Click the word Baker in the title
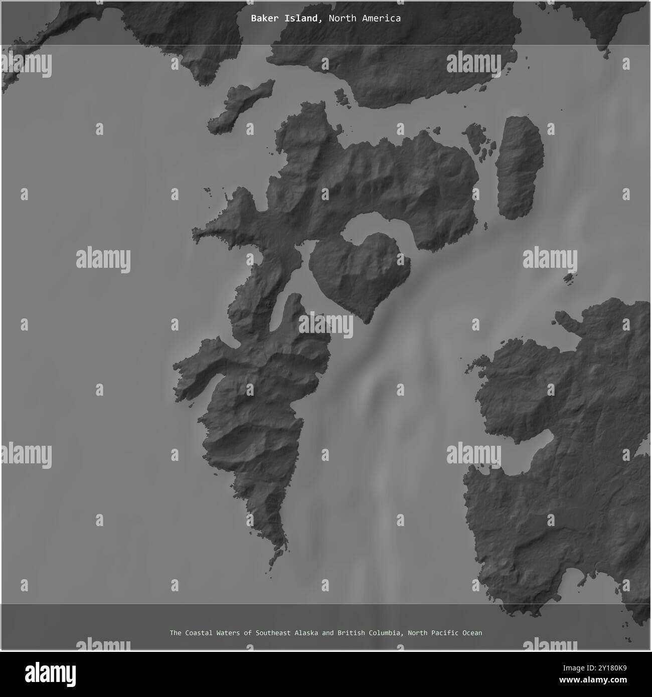(262, 19)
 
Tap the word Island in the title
(302, 19)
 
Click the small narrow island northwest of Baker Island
(241, 107)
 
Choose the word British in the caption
(351, 633)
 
